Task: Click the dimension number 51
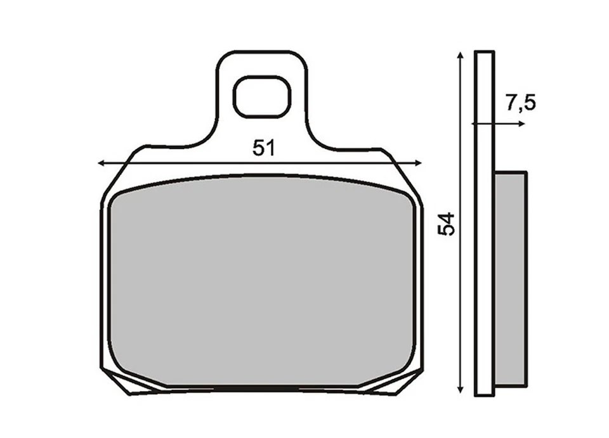click(x=263, y=148)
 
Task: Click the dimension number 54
click(x=447, y=224)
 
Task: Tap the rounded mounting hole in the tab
click(x=262, y=97)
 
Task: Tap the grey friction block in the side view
click(x=510, y=279)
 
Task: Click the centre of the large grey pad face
click(x=261, y=282)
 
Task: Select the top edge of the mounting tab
click(x=262, y=51)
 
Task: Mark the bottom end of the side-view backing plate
click(x=484, y=394)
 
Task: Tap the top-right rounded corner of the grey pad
click(x=408, y=198)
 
